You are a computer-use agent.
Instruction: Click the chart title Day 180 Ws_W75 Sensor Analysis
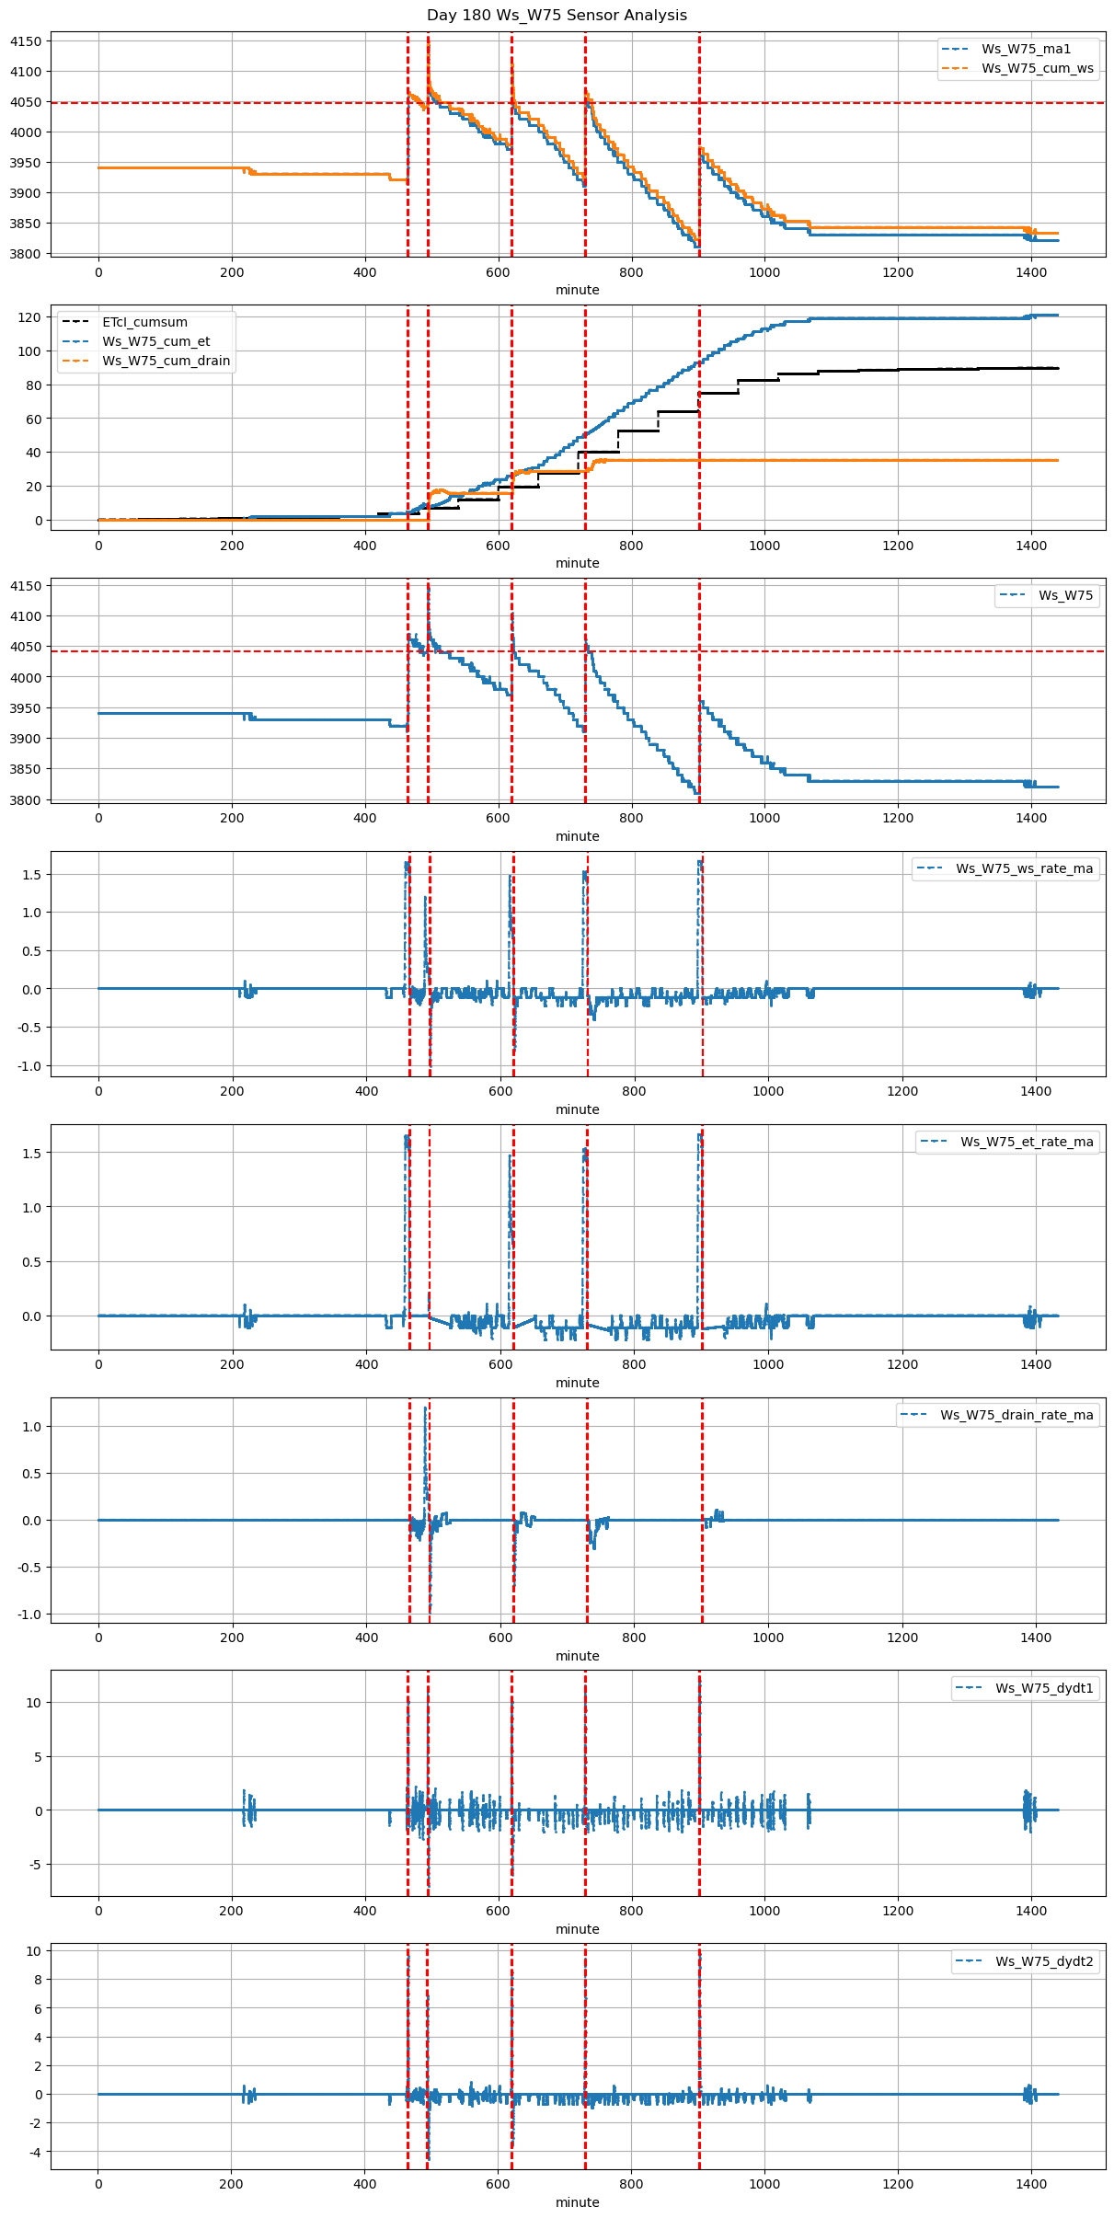[557, 16]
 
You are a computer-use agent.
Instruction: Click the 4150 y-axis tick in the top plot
[26, 41]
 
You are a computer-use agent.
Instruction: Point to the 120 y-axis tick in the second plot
[29, 317]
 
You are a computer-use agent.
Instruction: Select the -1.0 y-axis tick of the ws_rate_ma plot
[28, 1066]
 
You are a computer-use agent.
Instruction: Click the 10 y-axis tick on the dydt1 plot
[34, 1703]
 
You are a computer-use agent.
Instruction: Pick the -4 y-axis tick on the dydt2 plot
[33, 2152]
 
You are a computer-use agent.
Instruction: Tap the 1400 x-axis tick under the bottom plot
[1031, 2183]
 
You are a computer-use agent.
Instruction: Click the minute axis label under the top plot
[577, 290]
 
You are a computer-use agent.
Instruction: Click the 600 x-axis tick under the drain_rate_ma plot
[500, 1637]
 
